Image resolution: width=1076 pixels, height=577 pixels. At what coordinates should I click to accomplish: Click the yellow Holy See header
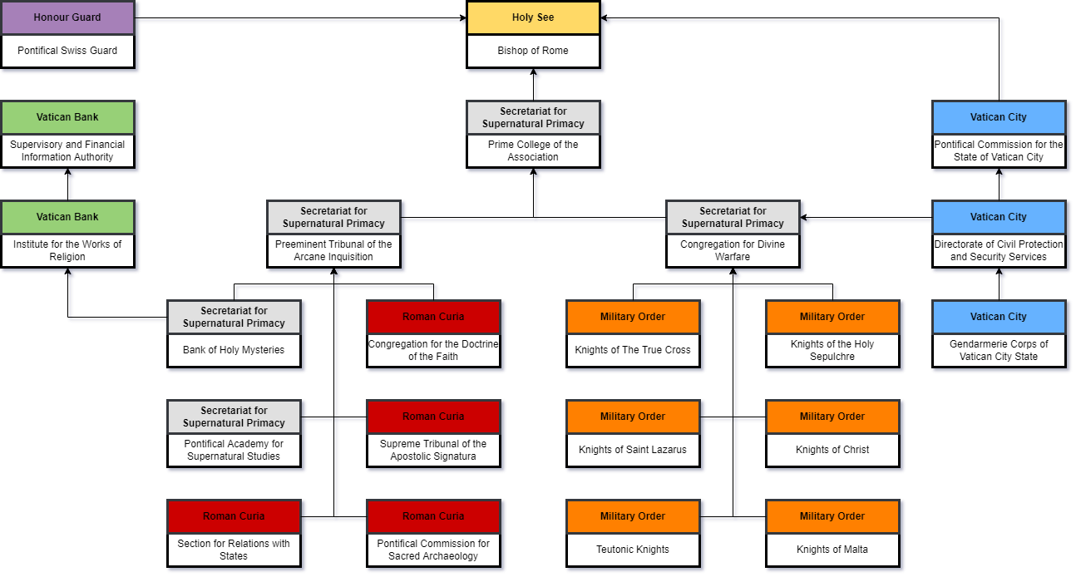click(533, 17)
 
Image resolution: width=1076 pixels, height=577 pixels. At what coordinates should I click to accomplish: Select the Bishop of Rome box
click(533, 51)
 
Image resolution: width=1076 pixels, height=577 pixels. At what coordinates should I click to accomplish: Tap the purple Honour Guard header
click(67, 17)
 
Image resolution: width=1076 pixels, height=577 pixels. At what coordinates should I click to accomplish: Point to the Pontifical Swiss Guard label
click(67, 51)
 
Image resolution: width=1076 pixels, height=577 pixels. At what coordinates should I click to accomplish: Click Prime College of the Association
click(533, 150)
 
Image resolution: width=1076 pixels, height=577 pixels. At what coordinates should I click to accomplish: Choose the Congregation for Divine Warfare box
click(733, 250)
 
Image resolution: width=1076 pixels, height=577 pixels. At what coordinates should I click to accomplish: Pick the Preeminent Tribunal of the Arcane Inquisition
click(333, 250)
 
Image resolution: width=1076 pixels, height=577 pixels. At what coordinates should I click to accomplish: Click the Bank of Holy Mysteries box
click(234, 350)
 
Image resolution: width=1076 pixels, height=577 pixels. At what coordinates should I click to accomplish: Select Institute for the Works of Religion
click(67, 250)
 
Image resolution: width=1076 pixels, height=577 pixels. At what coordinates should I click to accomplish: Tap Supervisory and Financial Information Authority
click(67, 150)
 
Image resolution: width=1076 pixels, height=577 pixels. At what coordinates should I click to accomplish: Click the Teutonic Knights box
click(633, 550)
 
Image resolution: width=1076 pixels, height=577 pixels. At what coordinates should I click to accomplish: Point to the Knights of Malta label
click(832, 550)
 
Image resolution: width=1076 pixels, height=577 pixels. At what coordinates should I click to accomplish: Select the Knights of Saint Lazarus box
click(633, 450)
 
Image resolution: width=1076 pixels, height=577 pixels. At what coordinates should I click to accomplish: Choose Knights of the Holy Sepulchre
click(832, 350)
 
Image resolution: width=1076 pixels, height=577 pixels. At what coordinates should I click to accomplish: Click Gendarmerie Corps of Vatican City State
click(999, 350)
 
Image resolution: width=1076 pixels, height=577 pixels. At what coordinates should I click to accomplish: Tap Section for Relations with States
click(234, 550)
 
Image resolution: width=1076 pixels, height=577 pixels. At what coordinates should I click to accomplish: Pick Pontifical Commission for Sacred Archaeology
click(433, 550)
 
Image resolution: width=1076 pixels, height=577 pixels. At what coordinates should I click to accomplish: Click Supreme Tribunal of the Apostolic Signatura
click(433, 450)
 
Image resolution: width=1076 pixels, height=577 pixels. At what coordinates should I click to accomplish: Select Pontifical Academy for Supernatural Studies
click(234, 450)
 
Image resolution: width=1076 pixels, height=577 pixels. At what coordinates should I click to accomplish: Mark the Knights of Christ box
click(832, 450)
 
